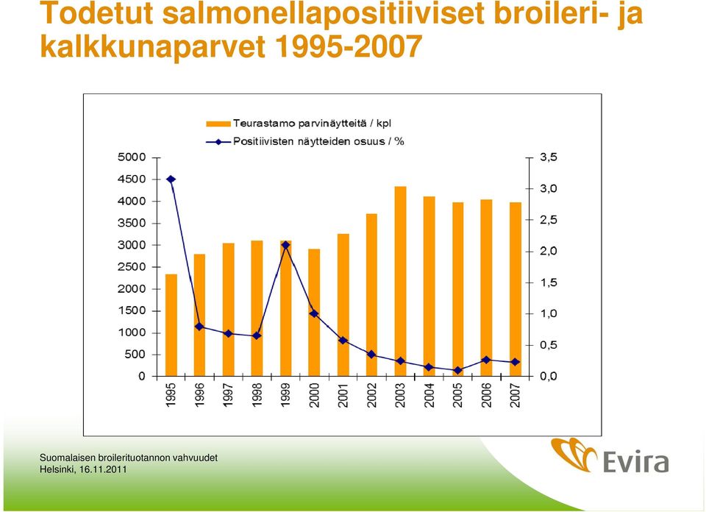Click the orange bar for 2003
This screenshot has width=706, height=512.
[400, 281]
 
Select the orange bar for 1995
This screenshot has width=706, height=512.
[171, 325]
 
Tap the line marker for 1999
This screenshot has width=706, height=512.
[285, 246]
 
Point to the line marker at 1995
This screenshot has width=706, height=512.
[171, 179]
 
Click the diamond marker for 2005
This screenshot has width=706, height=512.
[458, 370]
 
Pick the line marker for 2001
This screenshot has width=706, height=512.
[343, 341]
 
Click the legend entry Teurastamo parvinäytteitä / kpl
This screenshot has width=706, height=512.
[299, 124]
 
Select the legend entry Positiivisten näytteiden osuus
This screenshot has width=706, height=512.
[305, 141]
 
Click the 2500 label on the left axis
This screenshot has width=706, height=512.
[132, 266]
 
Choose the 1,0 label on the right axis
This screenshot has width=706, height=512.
[549, 313]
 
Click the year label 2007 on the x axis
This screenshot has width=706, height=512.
[516, 395]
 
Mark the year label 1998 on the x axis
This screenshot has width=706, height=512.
[257, 395]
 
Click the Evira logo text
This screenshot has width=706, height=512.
[635, 461]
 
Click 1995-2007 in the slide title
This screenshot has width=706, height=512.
[348, 46]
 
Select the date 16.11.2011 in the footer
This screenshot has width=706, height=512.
[103, 469]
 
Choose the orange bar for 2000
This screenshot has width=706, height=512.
[314, 313]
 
